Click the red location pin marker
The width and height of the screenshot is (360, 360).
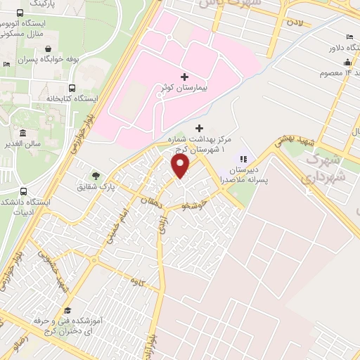click(181, 166)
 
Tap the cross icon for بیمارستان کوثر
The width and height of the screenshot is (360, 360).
click(184, 77)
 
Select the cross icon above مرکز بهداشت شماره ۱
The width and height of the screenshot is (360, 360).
click(199, 128)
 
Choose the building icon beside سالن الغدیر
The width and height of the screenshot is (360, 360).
click(23, 133)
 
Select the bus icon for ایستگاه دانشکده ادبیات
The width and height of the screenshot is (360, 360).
click(23, 191)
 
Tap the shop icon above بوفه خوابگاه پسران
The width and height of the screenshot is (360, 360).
click(47, 49)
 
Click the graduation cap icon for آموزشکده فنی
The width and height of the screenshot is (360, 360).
click(67, 310)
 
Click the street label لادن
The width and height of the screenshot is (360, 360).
click(294, 23)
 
